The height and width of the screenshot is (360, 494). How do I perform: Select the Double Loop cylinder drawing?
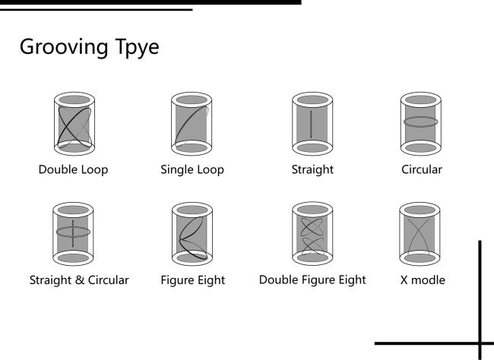tap(73, 124)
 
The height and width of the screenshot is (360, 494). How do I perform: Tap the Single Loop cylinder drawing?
tap(191, 124)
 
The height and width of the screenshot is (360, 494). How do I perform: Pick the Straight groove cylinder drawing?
tap(312, 124)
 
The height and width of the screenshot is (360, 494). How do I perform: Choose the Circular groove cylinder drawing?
tap(420, 124)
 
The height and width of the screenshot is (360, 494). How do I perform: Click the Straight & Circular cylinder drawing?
tap(73, 234)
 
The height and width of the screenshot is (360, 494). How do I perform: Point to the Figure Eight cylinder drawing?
tap(191, 234)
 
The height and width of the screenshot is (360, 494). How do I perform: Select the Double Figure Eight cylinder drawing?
tap(312, 234)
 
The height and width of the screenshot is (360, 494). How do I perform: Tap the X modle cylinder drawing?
tap(420, 234)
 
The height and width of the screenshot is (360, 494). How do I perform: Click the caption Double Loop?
tap(73, 170)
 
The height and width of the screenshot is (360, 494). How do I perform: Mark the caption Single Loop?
tap(192, 170)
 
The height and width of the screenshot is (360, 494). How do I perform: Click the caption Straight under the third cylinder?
tap(312, 170)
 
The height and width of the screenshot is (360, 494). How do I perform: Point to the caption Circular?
tap(421, 170)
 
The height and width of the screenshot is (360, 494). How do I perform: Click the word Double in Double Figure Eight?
tap(278, 280)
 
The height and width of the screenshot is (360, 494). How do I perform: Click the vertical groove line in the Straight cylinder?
tap(312, 124)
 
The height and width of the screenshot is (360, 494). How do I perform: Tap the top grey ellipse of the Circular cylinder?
tap(420, 100)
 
